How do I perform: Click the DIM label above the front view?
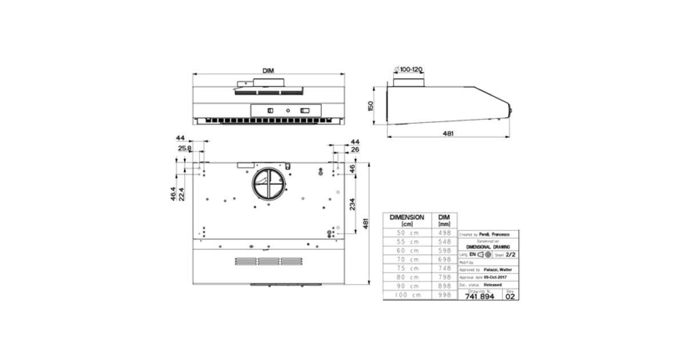(x=268, y=70)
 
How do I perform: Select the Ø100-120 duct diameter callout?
(x=409, y=69)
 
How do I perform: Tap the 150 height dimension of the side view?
(x=370, y=106)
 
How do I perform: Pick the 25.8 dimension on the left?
(x=184, y=148)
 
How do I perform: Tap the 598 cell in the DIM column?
(x=444, y=250)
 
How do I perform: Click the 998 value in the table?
(x=444, y=294)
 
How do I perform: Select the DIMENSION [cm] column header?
(x=406, y=221)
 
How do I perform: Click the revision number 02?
(x=510, y=297)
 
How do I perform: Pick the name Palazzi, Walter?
(x=496, y=269)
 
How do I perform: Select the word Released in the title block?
(x=493, y=284)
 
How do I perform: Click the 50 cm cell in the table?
(x=406, y=233)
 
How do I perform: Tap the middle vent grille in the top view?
(x=268, y=262)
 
